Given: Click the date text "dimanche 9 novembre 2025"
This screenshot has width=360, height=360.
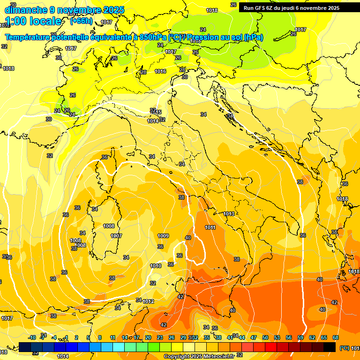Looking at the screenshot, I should tap(64, 10).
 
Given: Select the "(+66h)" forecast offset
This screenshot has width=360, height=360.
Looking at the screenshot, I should tap(81, 21).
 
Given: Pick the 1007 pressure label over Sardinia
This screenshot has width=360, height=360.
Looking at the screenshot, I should tap(116, 236).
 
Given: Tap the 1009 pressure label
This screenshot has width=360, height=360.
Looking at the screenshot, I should tap(163, 236).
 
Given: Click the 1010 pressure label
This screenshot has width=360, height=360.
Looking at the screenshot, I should tap(156, 266).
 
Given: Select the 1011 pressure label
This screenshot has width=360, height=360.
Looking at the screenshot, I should tap(210, 227).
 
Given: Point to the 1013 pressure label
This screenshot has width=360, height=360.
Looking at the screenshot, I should tap(229, 214).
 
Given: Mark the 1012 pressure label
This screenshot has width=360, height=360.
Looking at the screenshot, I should tap(149, 301).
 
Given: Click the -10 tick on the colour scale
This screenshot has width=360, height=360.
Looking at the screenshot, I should tap(32, 337).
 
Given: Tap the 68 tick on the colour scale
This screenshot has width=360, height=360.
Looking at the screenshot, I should tap(336, 337).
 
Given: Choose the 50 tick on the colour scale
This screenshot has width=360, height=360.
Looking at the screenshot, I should tap(265, 337).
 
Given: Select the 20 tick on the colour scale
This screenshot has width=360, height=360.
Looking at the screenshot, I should tap(148, 337).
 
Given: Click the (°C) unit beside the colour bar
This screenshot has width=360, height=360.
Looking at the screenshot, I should tap(344, 347).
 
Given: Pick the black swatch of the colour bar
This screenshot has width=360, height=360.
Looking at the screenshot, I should tap(330, 347).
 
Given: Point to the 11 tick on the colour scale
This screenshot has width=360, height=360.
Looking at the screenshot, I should tap(112, 337).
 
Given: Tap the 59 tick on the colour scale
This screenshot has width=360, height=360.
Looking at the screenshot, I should tap(300, 337).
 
